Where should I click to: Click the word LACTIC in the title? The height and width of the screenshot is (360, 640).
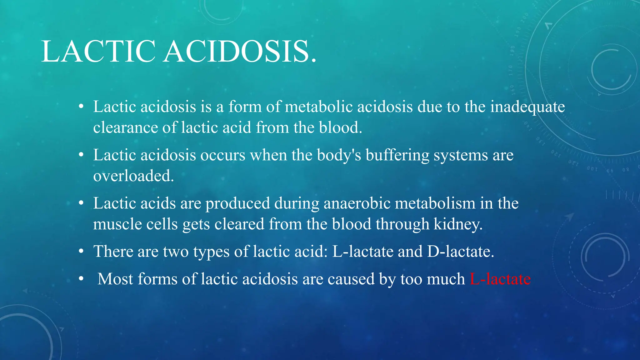98,51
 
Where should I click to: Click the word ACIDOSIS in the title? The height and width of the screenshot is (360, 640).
240,51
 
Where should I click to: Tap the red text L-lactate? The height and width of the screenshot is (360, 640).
500,279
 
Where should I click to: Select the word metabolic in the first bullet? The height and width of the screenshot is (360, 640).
318,107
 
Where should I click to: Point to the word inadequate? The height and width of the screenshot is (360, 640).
527,107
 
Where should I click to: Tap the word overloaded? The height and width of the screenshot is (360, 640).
133,176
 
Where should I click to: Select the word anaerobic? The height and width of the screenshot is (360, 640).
357,203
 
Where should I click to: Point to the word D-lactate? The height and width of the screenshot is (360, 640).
460,251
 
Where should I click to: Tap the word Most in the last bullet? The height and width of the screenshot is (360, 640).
115,279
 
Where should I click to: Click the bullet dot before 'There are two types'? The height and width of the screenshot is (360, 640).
81,251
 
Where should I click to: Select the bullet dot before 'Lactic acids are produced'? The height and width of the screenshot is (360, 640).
81,203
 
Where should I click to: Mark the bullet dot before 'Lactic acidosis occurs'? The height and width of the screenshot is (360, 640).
81,155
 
